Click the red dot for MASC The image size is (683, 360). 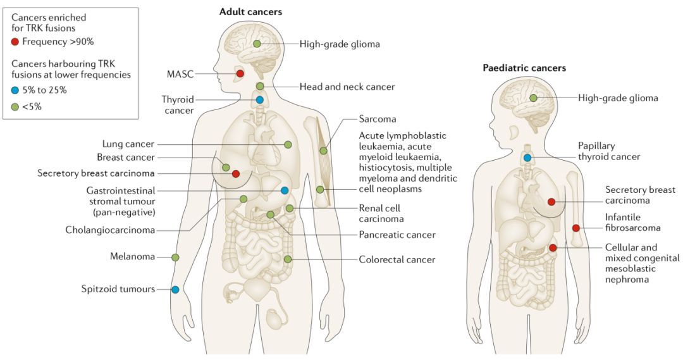[x=240, y=73]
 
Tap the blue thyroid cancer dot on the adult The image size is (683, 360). [x=260, y=100]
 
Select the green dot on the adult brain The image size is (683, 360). [x=257, y=44]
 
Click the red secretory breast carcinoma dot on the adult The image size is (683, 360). [x=236, y=174]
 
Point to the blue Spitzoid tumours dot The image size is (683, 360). [x=175, y=289]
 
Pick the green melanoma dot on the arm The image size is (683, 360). [x=175, y=258]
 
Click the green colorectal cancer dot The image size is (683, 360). [x=288, y=259]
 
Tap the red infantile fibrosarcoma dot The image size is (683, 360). [x=576, y=228]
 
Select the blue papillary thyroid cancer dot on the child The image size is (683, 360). [x=527, y=158]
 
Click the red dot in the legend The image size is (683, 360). [x=15, y=42]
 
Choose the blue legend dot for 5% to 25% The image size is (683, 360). [x=15, y=90]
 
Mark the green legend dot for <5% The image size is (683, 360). [x=15, y=107]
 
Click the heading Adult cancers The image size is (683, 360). [x=250, y=12]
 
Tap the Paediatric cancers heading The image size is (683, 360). [x=524, y=68]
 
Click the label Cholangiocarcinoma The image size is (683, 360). [x=110, y=230]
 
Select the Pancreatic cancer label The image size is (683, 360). [x=397, y=235]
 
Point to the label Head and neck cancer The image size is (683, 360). [x=347, y=87]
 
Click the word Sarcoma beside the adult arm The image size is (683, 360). [x=378, y=119]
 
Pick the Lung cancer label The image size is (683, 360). [x=128, y=144]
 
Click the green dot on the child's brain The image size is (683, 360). [x=533, y=98]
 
